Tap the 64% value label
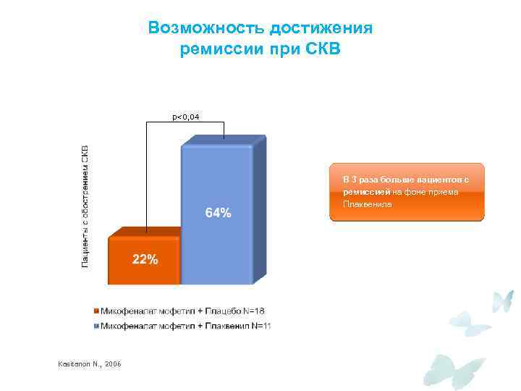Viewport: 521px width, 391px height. click(x=218, y=213)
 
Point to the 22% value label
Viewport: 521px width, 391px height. click(x=145, y=260)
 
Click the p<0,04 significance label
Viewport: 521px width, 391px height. click(x=186, y=117)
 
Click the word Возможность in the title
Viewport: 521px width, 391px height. click(x=206, y=28)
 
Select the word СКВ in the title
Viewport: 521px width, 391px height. click(x=320, y=50)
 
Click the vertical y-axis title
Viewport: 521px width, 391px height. click(x=85, y=206)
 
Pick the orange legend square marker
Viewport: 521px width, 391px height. click(x=96, y=311)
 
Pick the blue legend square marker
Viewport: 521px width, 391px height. click(x=96, y=326)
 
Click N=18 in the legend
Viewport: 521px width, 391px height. click(x=253, y=311)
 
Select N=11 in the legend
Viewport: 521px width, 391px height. click(x=259, y=326)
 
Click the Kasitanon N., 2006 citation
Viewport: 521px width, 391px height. click(x=88, y=363)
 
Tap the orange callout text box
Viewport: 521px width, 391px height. click(x=407, y=191)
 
